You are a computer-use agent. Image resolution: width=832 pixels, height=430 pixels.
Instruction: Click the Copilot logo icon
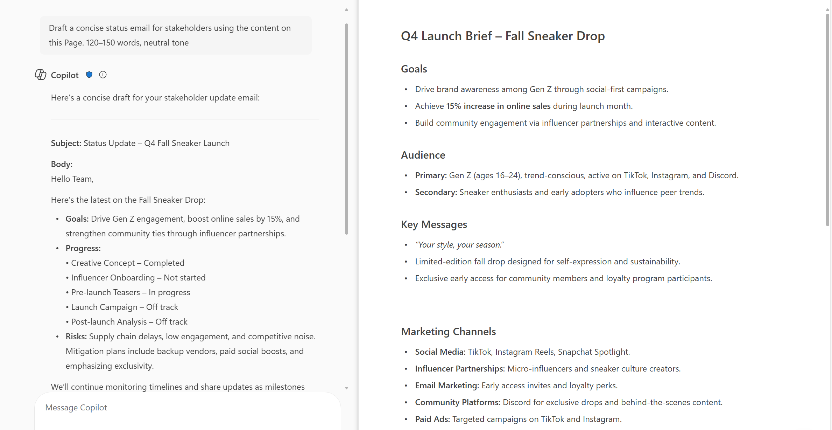point(41,75)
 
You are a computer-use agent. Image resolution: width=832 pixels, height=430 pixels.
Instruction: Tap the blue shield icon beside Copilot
point(89,75)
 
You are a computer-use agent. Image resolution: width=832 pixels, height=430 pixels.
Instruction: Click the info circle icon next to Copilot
point(103,75)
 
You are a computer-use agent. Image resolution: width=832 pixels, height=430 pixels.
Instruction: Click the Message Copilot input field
point(188,408)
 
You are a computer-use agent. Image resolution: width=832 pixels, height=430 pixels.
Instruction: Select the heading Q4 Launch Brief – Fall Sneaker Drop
point(503,36)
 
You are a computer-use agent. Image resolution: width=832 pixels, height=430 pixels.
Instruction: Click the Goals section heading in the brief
point(414,69)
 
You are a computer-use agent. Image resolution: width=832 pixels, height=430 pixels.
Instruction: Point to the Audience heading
point(423,155)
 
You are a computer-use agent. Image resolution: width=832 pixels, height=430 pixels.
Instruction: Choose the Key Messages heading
point(434,224)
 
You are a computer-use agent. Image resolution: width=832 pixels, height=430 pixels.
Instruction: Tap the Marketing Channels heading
point(448,332)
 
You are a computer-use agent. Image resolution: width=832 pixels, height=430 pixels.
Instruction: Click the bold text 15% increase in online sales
point(498,106)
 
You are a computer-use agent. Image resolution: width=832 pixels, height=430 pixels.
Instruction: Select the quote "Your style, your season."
point(459,245)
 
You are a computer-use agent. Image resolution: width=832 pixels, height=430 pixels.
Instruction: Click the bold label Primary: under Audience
point(431,175)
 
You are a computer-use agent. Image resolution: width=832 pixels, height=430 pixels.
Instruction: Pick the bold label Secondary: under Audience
point(436,192)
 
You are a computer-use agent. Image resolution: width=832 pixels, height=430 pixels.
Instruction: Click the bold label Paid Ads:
point(432,419)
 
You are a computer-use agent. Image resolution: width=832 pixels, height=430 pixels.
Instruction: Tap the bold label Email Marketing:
point(447,386)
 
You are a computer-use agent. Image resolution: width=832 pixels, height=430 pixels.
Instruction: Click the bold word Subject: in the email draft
point(66,143)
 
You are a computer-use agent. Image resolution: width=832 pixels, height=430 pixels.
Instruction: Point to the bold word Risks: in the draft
point(76,337)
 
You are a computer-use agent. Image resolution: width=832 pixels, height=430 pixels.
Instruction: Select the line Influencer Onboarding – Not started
point(138,278)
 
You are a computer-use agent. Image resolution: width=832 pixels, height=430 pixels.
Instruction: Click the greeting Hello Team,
point(72,179)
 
